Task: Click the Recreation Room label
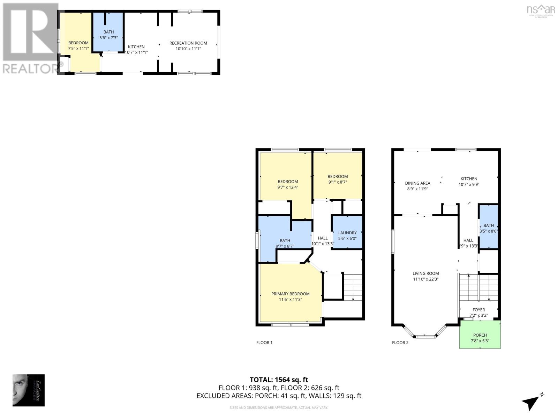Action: point(188,43)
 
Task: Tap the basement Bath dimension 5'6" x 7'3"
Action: point(108,38)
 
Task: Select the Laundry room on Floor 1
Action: point(347,233)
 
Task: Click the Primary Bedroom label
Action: point(290,294)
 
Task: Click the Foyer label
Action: point(478,310)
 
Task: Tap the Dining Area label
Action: point(417,183)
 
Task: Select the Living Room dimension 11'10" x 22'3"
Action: point(425,279)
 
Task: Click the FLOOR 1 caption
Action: point(264,343)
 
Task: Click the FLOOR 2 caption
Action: point(400,343)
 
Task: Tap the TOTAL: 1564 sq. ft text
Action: point(279,380)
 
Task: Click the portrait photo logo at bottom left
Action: point(29,390)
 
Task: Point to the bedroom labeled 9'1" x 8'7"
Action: point(337,179)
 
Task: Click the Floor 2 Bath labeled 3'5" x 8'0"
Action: point(488,228)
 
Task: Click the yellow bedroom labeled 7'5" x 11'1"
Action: point(78,46)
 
